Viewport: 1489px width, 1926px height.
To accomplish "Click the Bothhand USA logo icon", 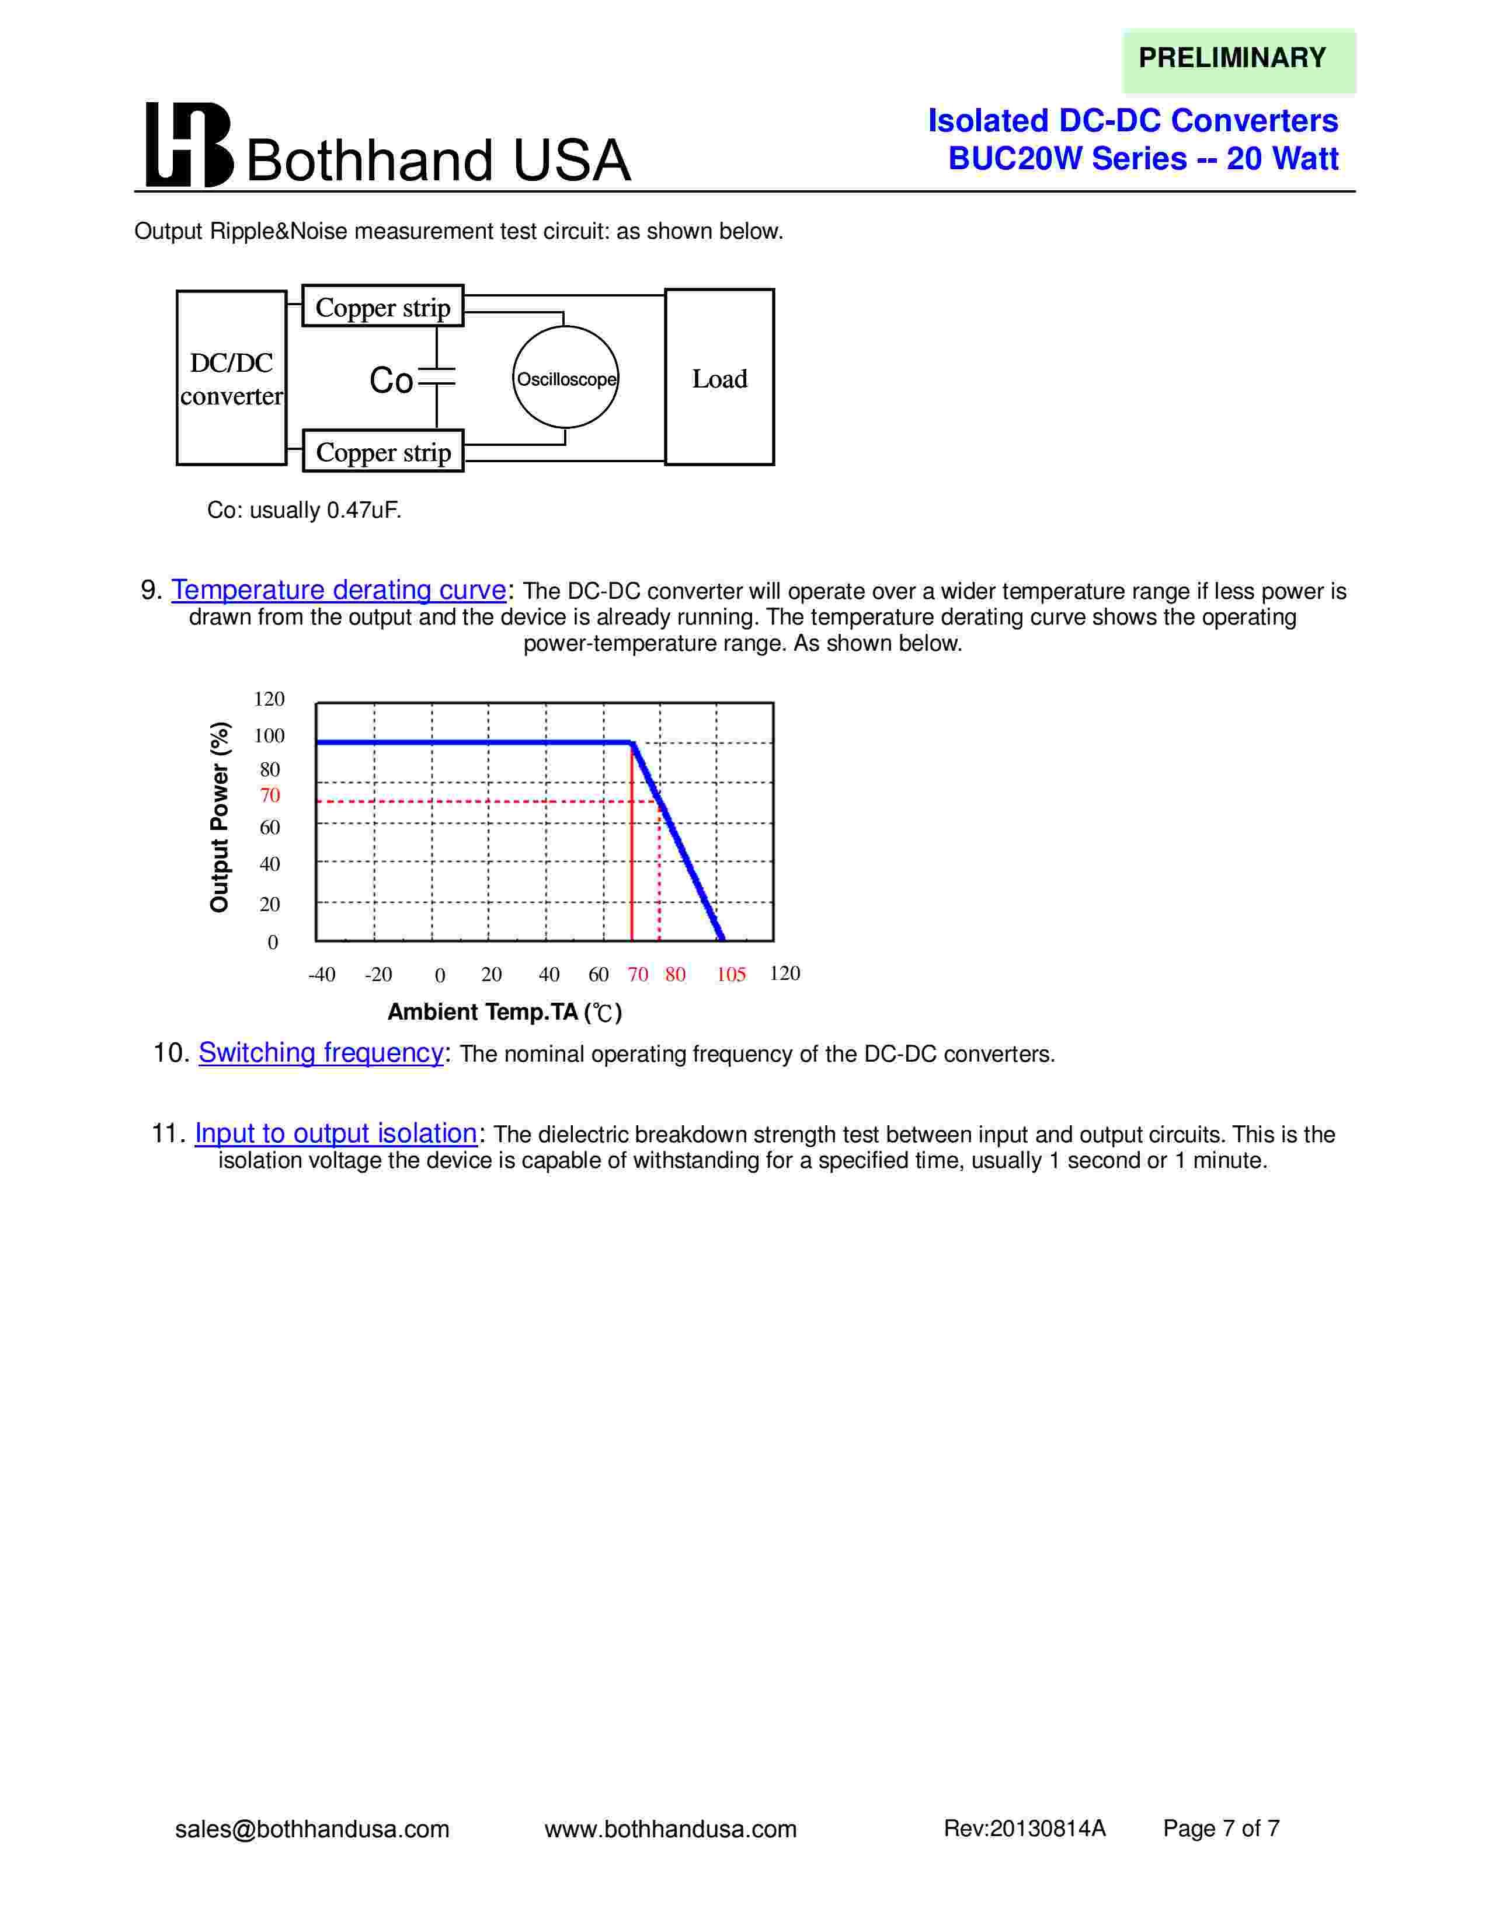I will point(189,145).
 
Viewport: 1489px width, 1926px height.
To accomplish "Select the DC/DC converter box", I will point(231,378).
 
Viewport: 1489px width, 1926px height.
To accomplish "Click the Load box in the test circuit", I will point(719,378).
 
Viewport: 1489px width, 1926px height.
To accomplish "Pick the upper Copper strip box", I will point(383,307).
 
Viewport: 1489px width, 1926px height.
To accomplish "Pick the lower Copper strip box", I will point(383,452).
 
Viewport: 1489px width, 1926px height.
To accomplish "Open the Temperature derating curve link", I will point(339,589).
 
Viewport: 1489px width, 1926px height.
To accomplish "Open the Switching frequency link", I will point(320,1052).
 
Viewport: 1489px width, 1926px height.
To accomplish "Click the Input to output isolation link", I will point(335,1132).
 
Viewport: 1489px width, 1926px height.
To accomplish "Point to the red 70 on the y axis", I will point(270,795).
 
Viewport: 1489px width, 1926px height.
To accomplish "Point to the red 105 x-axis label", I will point(730,975).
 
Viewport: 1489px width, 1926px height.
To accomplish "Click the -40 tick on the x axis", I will point(322,975).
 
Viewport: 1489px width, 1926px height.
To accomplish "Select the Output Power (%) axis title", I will point(220,817).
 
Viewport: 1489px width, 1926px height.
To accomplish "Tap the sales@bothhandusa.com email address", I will point(312,1829).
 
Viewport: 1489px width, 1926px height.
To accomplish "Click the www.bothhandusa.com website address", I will point(670,1829).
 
